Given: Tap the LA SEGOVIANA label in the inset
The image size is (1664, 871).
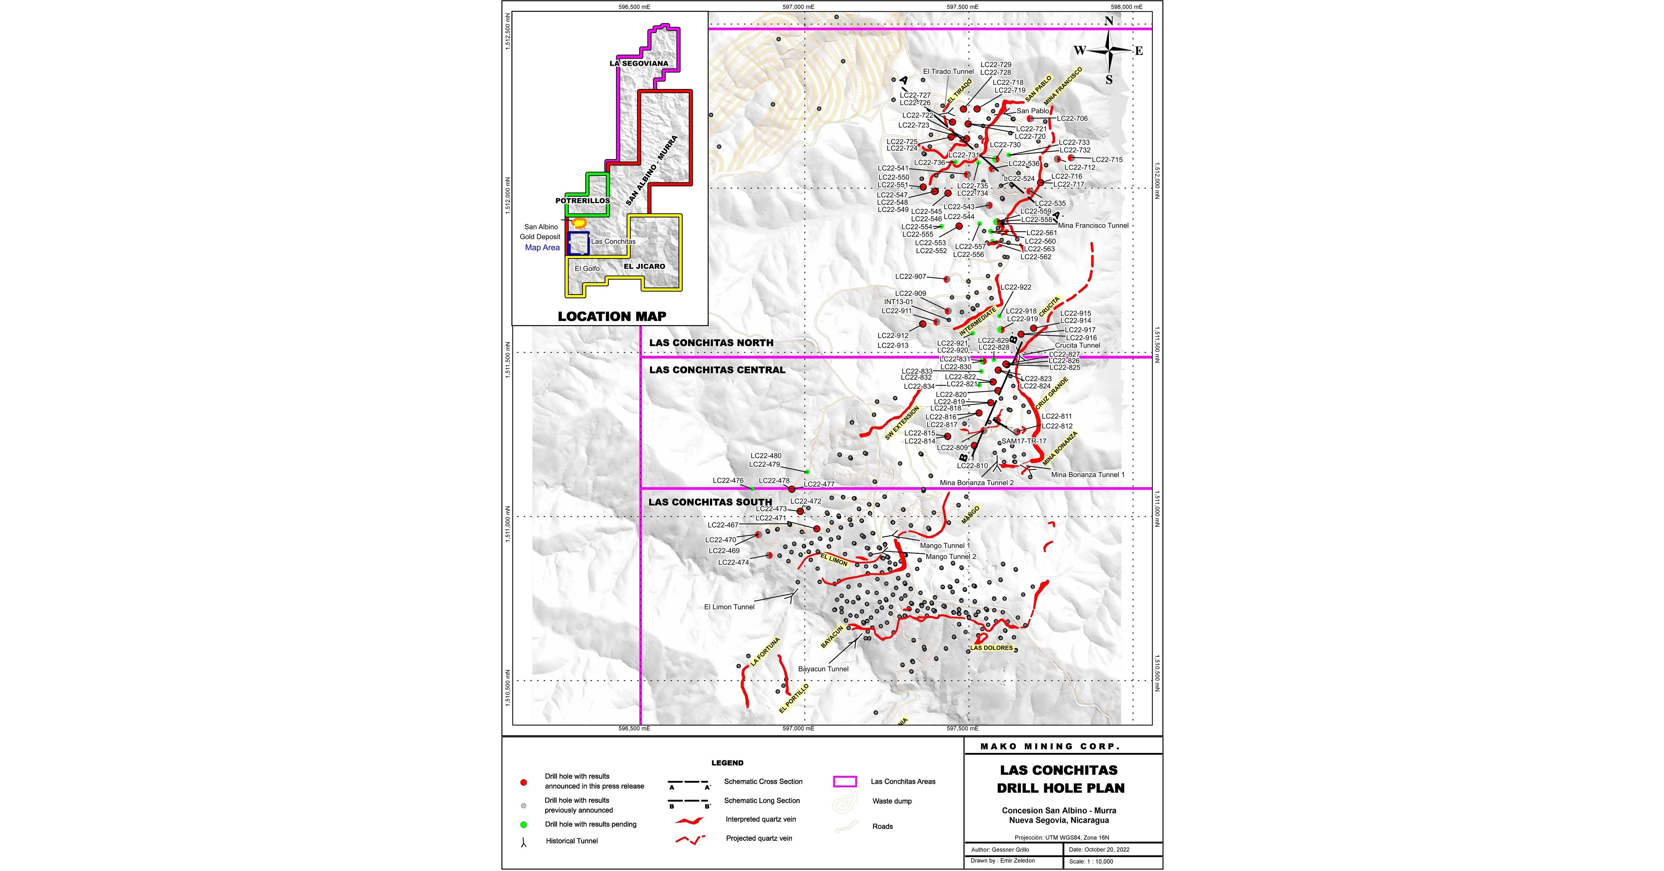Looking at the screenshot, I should (187, 63).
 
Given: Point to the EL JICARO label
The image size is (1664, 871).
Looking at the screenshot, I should (644, 266).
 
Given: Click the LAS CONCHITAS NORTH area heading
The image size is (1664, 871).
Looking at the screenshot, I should (711, 343).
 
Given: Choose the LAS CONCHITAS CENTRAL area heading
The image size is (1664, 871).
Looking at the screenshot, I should (717, 370).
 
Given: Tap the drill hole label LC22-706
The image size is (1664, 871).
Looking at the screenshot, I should (1072, 119).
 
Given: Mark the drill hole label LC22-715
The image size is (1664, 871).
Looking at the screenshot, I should (1107, 159).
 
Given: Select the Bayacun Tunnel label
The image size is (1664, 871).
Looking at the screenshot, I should (823, 669).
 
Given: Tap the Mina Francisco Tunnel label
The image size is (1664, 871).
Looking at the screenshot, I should (1093, 225).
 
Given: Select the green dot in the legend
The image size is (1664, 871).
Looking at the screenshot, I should (523, 825).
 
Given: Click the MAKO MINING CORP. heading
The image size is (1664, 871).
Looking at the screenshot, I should (1050, 746).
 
